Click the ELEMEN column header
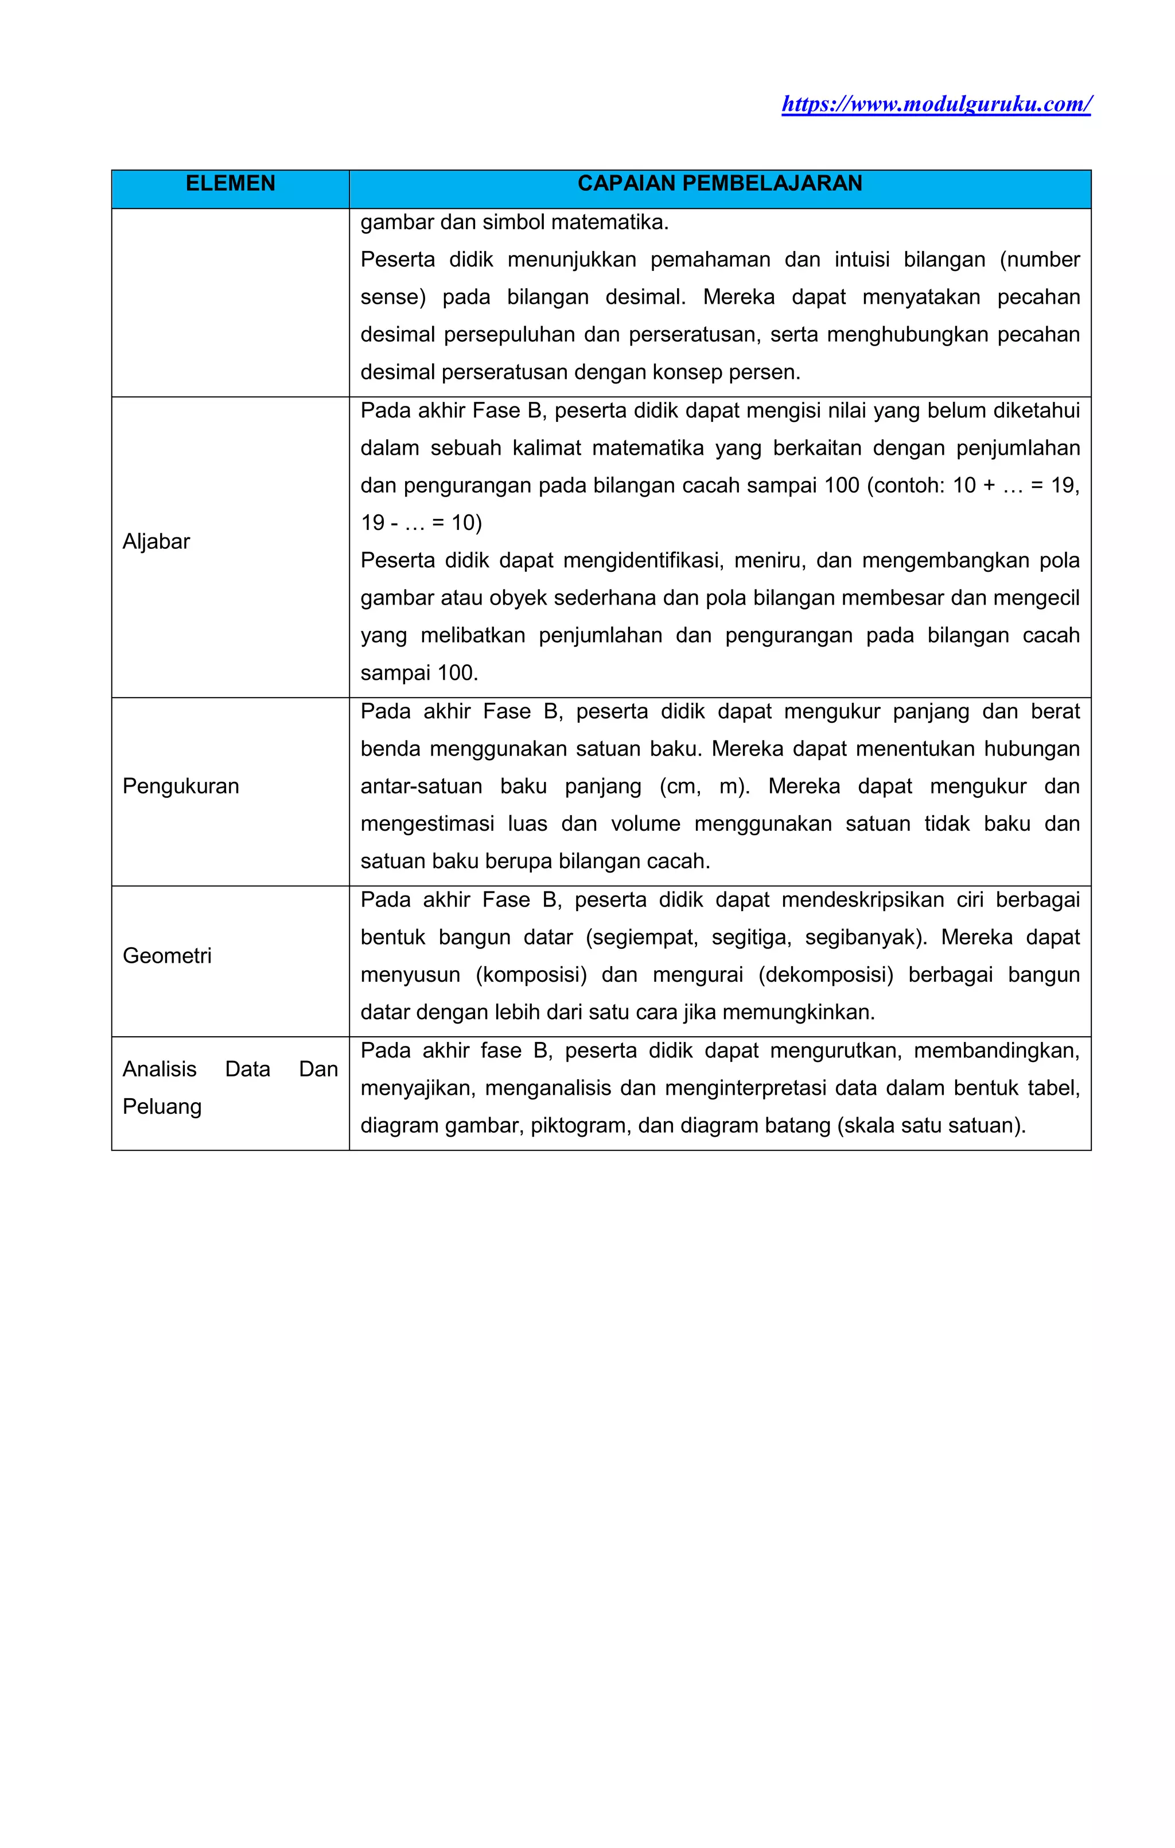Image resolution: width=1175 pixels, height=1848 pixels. click(230, 183)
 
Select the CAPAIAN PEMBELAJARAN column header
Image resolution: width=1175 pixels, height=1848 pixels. click(719, 183)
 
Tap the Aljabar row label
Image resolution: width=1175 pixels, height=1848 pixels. click(155, 542)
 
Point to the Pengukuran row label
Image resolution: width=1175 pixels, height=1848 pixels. click(180, 786)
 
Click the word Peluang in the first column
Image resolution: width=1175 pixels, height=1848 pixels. click(162, 1107)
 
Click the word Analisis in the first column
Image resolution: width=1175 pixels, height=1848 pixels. click(159, 1069)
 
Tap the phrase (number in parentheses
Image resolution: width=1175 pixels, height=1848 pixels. click(1039, 259)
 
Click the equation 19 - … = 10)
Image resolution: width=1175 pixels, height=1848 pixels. click(421, 524)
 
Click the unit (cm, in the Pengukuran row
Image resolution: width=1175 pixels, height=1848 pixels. click(679, 787)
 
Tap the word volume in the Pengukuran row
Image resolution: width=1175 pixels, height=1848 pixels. click(644, 824)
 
